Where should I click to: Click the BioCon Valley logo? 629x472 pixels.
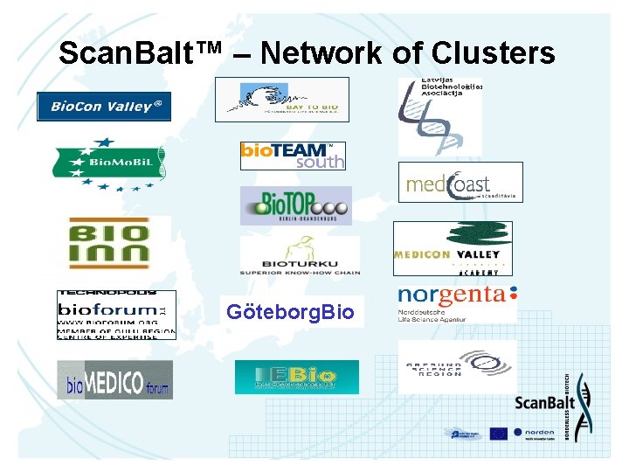coord(104,107)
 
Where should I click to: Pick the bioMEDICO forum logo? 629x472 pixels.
coord(114,379)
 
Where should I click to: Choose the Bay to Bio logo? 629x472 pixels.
coord(282,100)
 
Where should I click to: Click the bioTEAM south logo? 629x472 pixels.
coord(293,156)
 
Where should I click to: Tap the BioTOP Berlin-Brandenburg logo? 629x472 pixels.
coord(296,205)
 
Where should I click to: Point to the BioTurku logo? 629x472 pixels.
coord(300,256)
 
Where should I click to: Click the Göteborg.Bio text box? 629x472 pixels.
coord(291,312)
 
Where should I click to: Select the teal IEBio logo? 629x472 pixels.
coord(296,378)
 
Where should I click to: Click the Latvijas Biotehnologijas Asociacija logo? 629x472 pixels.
coord(439,116)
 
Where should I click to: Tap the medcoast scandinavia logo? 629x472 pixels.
coord(460,182)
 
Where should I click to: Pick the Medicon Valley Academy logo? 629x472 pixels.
coord(453,248)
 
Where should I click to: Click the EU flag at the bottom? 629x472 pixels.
coord(499,433)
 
